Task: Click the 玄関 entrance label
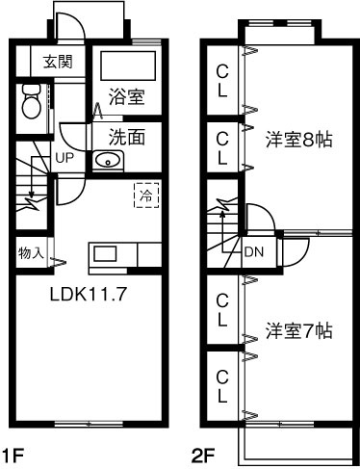[57, 63]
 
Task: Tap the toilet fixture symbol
[31, 97]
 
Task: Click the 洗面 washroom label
[126, 136]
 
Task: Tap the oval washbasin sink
[109, 160]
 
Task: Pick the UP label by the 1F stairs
[64, 157]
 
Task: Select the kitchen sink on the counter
[104, 255]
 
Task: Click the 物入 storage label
[30, 253]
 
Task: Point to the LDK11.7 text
[90, 297]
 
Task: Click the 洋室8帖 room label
[299, 139]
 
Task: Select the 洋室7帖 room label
[299, 330]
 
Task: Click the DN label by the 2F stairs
[254, 252]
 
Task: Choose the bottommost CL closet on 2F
[221, 384]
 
